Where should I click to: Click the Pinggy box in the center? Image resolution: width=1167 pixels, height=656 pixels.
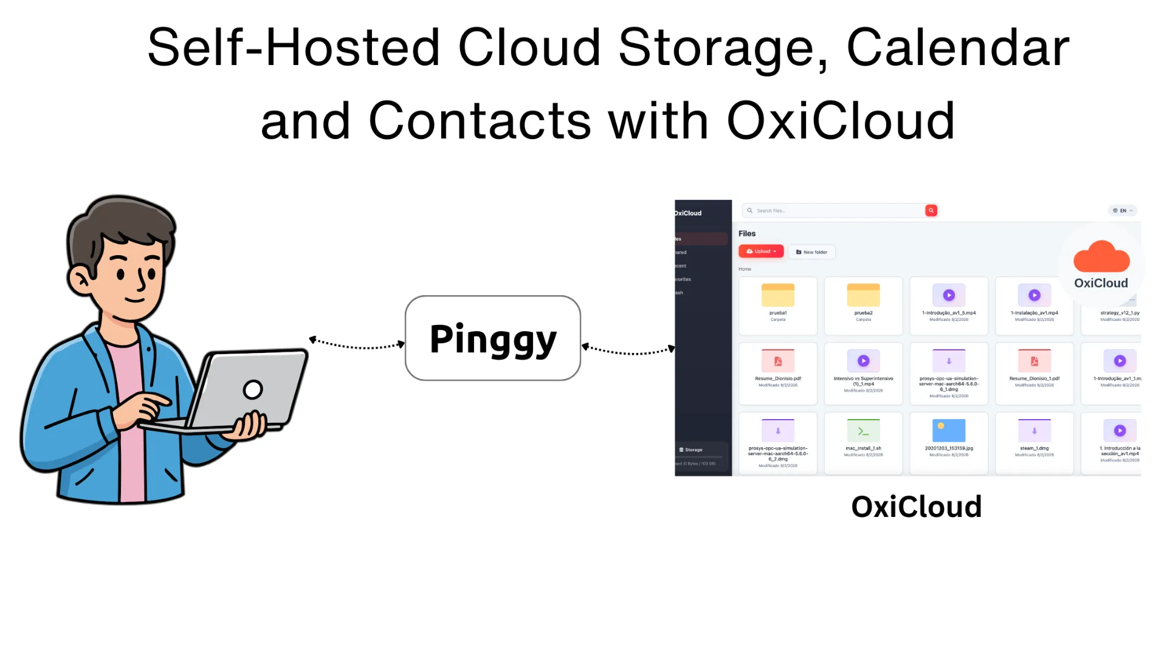coord(492,338)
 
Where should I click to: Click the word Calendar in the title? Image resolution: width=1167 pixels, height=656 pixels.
coord(957,47)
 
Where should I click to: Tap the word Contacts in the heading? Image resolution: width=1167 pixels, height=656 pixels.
coord(480,120)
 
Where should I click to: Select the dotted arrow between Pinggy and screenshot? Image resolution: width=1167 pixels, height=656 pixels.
coord(628,350)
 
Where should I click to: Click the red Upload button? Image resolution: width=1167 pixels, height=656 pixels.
coord(761,251)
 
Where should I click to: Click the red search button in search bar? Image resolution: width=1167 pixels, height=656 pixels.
coord(931,210)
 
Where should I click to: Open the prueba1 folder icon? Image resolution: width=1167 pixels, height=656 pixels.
coord(777,296)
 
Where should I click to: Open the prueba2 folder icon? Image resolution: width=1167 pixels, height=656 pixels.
coord(863,296)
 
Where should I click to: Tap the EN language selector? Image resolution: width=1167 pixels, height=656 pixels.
coord(1122,211)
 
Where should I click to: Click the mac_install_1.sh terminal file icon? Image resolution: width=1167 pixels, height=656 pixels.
coord(863,431)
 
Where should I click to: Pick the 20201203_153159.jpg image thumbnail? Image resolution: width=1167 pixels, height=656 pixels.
coord(949,431)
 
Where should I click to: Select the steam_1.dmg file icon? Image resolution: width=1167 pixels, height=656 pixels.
coord(1034,431)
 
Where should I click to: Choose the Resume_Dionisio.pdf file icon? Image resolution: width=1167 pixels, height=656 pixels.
coord(777,361)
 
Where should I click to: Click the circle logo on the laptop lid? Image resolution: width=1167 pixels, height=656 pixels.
coord(253,389)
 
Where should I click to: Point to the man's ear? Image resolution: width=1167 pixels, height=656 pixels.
coord(80,280)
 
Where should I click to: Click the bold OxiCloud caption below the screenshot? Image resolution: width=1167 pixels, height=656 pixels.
coord(916,507)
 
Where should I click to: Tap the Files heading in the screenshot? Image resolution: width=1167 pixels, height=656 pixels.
coord(746,233)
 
